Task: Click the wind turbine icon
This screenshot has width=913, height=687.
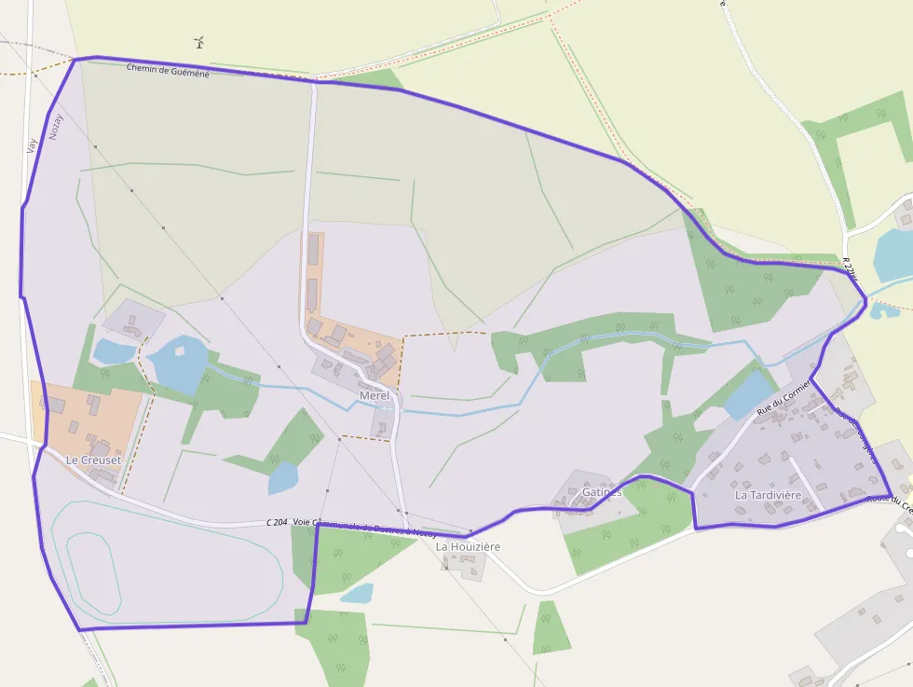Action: [198, 42]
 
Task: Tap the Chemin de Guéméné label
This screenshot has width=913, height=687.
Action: [168, 69]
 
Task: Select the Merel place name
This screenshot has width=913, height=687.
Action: [374, 396]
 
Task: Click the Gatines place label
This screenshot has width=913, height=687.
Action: [601, 491]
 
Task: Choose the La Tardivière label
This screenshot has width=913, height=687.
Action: [768, 495]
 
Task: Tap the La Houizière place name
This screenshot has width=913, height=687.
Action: [469, 546]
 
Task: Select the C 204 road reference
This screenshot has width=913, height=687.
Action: [276, 523]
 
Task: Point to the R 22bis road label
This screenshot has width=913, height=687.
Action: [848, 268]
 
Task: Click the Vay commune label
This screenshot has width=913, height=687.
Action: [33, 145]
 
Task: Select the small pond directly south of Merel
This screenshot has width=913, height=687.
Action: [283, 478]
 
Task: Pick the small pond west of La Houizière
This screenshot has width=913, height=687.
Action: [357, 593]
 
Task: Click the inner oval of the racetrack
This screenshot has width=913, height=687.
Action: [93, 573]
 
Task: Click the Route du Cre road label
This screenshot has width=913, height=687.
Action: [889, 501]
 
